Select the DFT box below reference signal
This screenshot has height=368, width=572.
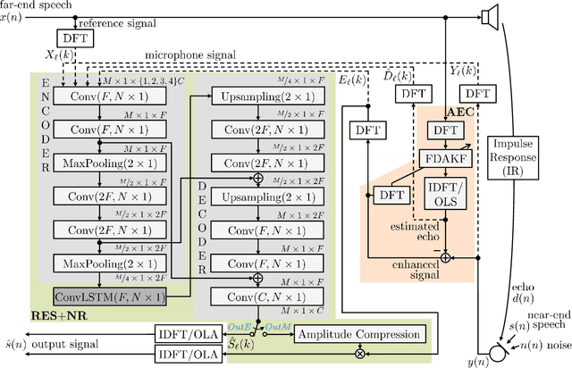click(x=71, y=38)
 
